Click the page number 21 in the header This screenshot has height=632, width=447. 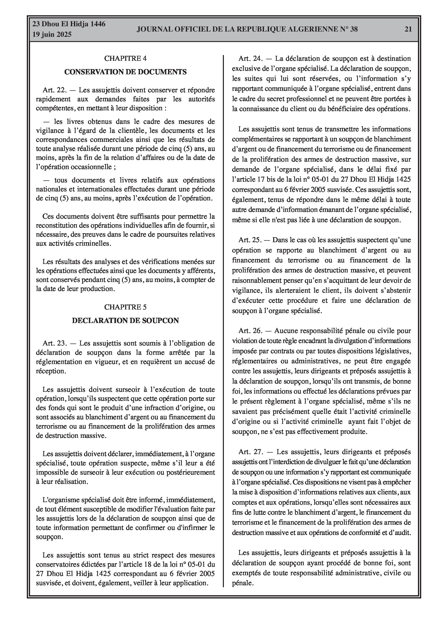408,29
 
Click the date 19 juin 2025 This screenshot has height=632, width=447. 52,35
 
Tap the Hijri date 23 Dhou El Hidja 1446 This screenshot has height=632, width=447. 69,24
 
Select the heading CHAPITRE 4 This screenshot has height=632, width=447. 125,58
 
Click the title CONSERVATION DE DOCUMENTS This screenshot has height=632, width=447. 125,72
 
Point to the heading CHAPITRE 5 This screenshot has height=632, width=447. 125,307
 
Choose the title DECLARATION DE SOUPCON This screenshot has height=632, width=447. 125,321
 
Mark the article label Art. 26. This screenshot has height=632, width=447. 251,331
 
